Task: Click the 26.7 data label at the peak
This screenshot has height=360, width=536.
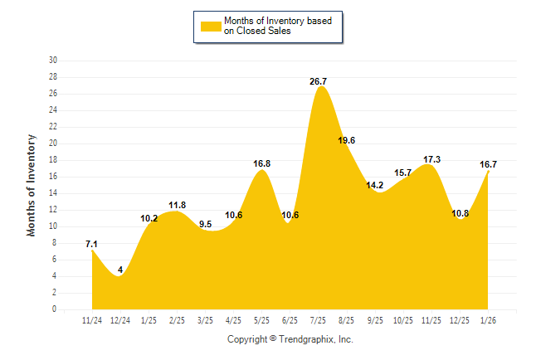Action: coord(319,81)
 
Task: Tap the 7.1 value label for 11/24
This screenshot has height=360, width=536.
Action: coord(92,244)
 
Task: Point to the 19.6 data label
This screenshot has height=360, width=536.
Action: coord(347,140)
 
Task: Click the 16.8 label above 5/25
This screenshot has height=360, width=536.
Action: coord(261,163)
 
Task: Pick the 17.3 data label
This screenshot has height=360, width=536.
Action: coord(431,159)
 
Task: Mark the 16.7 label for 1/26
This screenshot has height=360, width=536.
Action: coord(488,164)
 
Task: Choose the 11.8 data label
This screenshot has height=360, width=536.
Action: coord(177,205)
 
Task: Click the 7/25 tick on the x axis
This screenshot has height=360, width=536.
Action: coord(319,319)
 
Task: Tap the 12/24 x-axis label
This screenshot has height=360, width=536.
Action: coord(120,319)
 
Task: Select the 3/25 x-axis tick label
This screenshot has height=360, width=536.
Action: coord(205,319)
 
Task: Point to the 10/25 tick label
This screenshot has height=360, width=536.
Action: coord(403,319)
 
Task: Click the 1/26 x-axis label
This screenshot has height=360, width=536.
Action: coord(488,319)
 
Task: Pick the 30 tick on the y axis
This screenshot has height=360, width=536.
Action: coord(53,61)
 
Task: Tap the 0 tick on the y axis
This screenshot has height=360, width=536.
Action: coord(55,309)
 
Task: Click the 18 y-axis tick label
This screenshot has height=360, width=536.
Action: coord(53,160)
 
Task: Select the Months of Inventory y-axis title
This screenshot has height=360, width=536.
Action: coord(32,185)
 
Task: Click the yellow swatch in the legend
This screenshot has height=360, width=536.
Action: coord(211,27)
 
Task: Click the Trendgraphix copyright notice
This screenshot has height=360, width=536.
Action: coord(290,339)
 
